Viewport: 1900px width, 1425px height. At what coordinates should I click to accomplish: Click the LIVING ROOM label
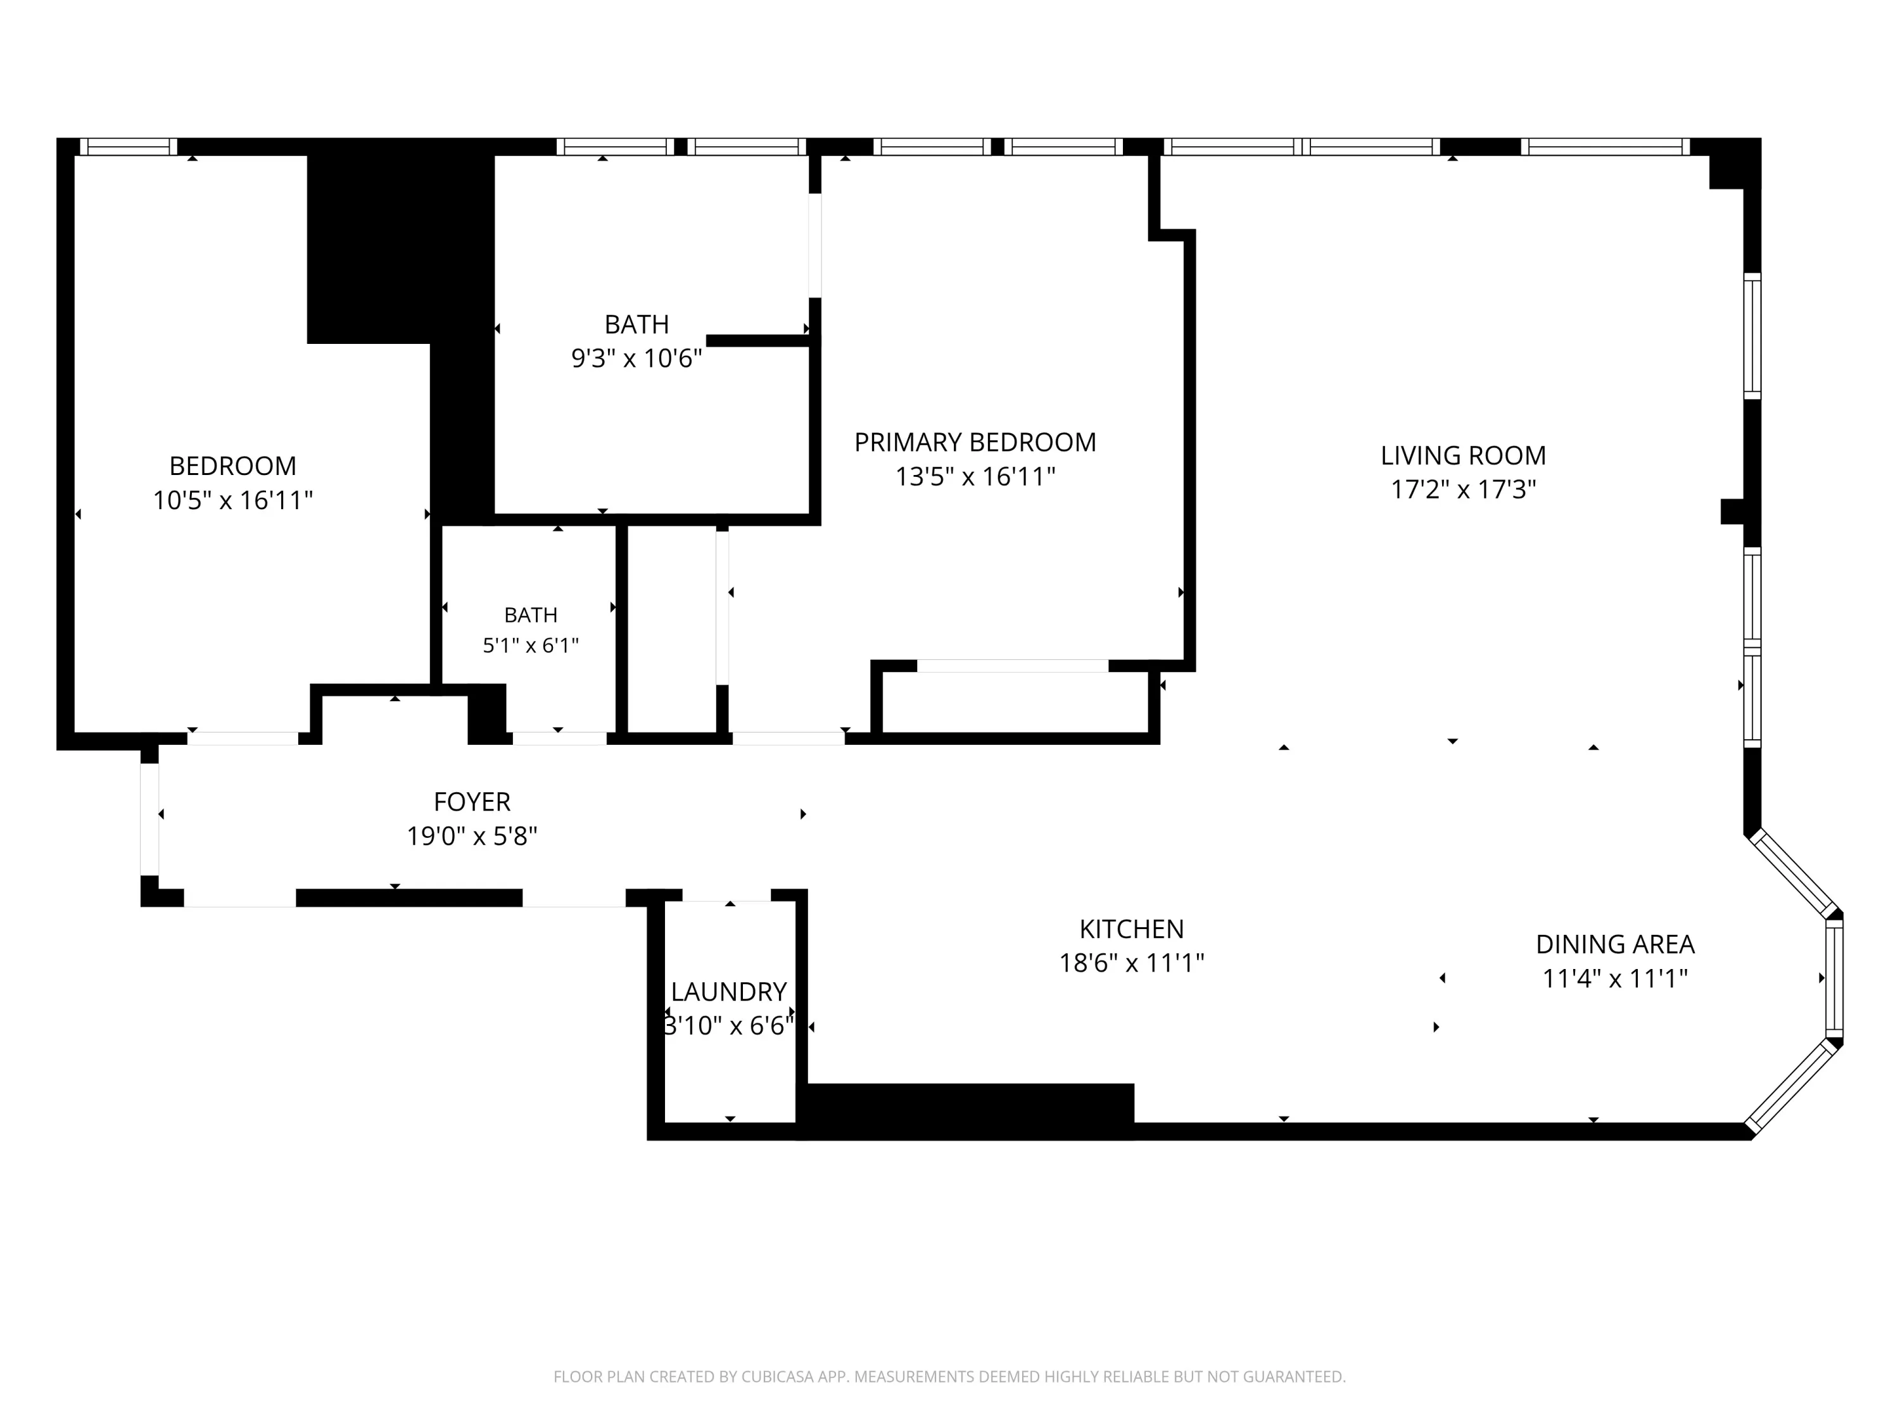(x=1463, y=455)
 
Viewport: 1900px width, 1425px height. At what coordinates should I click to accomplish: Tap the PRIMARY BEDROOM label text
(x=975, y=442)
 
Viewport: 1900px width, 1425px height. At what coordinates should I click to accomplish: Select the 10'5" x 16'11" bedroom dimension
(x=233, y=500)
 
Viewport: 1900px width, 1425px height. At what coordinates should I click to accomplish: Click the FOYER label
(x=472, y=801)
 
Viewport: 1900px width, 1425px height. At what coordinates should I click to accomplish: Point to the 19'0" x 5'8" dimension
(x=472, y=836)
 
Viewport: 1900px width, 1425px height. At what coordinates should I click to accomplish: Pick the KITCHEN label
(x=1131, y=928)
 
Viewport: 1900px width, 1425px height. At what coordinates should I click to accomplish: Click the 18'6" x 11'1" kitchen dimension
(x=1131, y=963)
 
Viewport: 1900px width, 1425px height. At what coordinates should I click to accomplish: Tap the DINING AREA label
(x=1615, y=944)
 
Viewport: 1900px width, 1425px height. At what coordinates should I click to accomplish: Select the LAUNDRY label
(x=728, y=992)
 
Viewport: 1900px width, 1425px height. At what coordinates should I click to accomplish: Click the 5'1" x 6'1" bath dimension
(x=531, y=645)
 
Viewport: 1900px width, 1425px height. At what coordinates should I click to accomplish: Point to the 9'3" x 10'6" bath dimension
(x=636, y=358)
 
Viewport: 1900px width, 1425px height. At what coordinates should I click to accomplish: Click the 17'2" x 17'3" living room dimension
(x=1463, y=490)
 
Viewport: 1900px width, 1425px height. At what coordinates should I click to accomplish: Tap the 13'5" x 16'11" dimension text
(x=975, y=477)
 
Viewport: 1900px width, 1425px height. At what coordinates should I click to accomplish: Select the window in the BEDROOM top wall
(x=129, y=147)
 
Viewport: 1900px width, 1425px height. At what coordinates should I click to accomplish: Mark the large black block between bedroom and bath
(x=401, y=249)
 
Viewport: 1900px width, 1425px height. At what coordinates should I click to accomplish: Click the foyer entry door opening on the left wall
(x=149, y=820)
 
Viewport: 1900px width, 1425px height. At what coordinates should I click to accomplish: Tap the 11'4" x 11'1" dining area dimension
(x=1615, y=978)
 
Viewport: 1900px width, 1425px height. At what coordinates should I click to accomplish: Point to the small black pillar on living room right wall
(x=1732, y=512)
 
